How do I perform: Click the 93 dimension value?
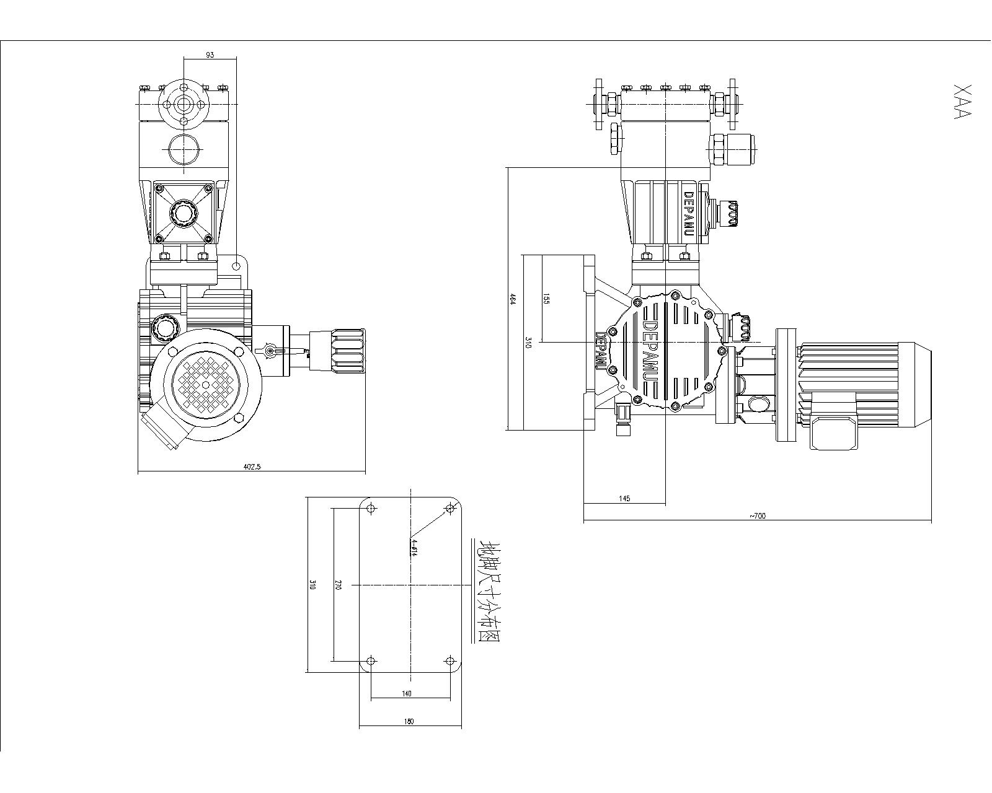210,55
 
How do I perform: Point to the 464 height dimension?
513,299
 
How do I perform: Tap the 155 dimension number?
546,299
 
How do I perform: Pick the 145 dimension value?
624,499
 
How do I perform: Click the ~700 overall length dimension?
757,515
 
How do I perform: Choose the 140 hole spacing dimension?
407,694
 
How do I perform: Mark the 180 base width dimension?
409,721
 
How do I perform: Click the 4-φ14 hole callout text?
414,548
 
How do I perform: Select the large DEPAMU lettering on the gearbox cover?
651,351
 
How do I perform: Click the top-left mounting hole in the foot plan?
371,509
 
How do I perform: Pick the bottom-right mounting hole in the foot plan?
451,661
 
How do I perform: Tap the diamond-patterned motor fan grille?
206,383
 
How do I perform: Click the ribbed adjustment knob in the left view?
348,351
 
